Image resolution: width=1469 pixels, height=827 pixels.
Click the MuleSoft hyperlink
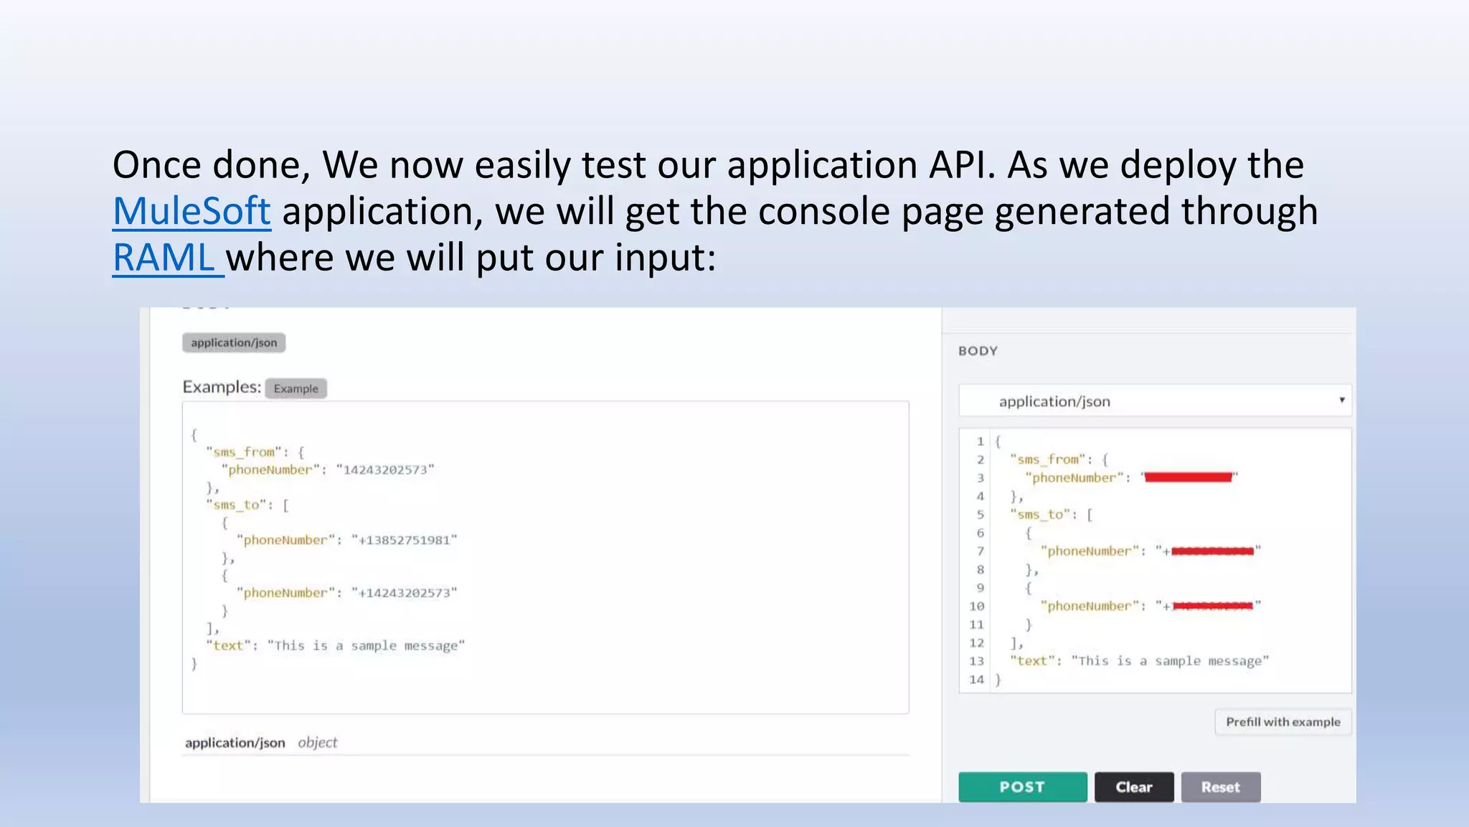[x=192, y=211]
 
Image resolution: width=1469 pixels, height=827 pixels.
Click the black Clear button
[x=1133, y=787]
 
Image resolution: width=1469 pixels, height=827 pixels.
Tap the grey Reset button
[x=1220, y=787]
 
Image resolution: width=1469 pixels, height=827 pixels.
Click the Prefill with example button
[x=1283, y=721]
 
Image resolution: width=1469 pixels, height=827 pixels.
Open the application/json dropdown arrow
[x=1341, y=400]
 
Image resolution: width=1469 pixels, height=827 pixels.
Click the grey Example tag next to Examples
[x=296, y=388]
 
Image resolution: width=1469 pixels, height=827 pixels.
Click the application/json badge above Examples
[x=234, y=342]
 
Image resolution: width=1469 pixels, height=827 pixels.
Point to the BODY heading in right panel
[x=978, y=351]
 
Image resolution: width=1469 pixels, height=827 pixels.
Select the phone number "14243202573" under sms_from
[x=385, y=469]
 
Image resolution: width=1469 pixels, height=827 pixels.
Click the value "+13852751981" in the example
[x=404, y=540]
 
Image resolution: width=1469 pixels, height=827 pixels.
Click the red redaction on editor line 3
[x=1188, y=477]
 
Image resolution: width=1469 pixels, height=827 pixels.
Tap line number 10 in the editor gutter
[x=977, y=606]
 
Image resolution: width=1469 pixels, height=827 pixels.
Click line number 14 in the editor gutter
[x=977, y=679]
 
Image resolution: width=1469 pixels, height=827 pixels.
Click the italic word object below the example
[x=317, y=742]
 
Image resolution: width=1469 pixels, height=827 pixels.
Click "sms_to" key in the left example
[x=236, y=505]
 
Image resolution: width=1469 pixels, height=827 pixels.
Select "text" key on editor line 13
[x=1032, y=660]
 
